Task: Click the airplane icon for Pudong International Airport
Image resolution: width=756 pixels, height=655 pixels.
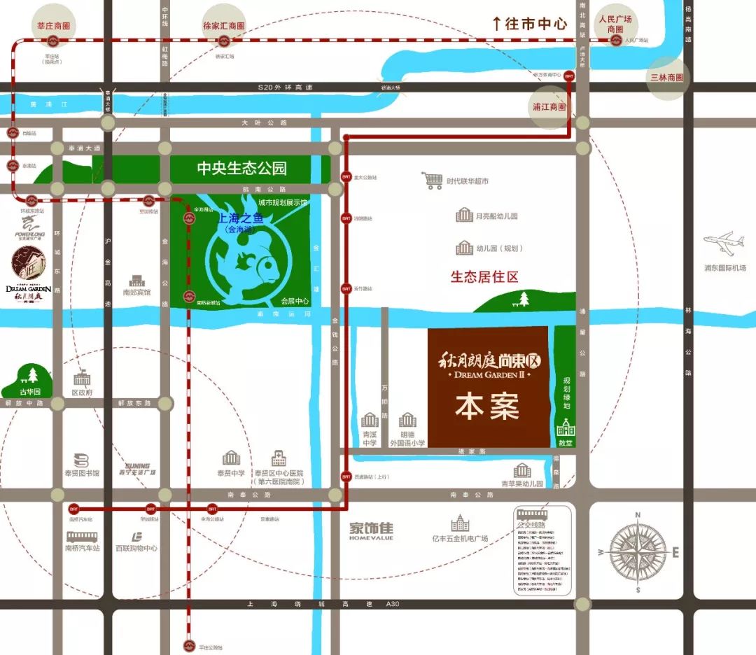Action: point(724,244)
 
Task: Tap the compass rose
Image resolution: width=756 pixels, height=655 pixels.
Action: point(638,551)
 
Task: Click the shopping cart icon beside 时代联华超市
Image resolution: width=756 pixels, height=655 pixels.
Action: point(433,181)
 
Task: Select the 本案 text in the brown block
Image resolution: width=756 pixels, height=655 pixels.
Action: point(487,407)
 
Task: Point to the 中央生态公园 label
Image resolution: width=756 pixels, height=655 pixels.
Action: point(241,169)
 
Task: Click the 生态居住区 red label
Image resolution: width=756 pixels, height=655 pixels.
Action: point(484,277)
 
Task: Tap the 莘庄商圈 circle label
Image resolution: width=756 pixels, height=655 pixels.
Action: point(53,25)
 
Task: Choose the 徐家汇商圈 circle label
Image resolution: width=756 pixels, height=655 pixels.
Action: point(224,25)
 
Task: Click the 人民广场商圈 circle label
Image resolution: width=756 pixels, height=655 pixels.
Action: point(615,24)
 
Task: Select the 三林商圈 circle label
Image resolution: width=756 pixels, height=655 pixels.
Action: point(666,78)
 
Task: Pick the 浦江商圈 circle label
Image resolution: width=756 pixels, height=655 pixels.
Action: point(549,107)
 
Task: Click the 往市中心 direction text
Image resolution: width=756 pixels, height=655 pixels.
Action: point(528,23)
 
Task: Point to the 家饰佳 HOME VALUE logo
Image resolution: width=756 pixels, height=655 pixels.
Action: point(372,530)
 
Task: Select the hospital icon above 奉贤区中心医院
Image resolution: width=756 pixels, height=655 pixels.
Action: point(279,458)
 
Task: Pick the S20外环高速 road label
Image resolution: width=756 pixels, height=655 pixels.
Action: point(286,86)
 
